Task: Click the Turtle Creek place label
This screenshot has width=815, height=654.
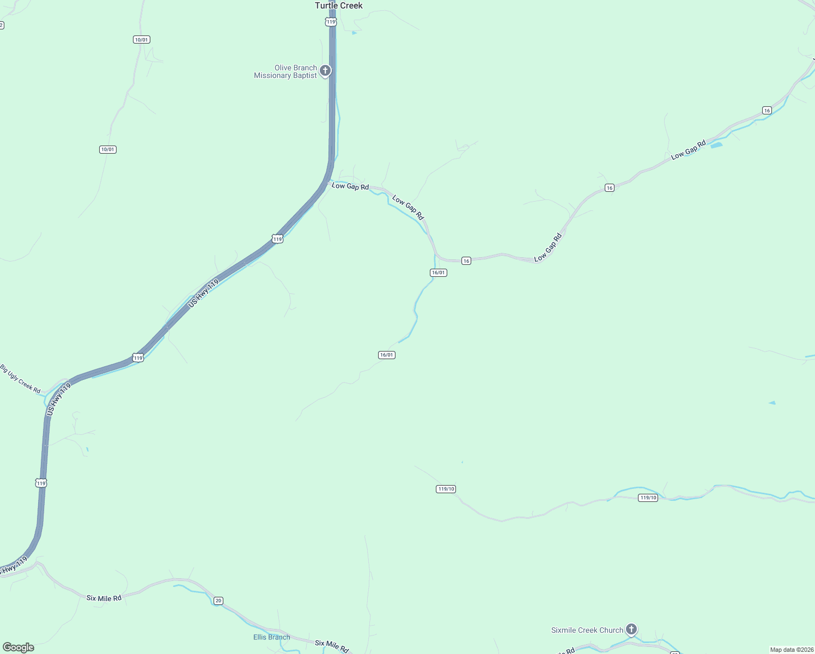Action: [x=338, y=5]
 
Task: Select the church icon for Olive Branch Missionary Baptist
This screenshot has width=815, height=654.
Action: [x=325, y=70]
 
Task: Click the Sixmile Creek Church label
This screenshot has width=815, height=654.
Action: [x=587, y=630]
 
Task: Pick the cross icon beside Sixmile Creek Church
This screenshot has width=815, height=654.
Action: [x=631, y=629]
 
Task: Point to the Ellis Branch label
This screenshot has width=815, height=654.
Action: [x=271, y=637]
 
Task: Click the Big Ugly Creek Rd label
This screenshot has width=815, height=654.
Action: [x=20, y=379]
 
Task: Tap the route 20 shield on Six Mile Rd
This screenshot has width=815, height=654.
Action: [x=218, y=601]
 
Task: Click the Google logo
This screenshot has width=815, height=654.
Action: [x=19, y=647]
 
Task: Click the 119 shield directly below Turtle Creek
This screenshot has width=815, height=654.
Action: [x=331, y=22]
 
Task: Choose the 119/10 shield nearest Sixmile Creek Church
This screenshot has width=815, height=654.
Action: [x=648, y=498]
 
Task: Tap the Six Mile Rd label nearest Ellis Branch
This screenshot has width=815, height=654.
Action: [x=331, y=646]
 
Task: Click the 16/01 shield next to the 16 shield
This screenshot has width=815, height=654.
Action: [x=439, y=272]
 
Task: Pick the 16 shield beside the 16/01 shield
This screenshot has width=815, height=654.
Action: [x=466, y=261]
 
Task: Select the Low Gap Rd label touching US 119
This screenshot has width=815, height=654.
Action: [x=350, y=186]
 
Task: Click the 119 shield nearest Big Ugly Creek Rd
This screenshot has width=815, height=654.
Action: [x=138, y=358]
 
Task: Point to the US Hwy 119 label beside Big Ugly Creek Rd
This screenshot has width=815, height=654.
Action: [x=59, y=399]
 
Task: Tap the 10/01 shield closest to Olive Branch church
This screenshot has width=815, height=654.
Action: [x=141, y=40]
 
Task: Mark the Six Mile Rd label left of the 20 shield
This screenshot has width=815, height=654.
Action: [x=104, y=598]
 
